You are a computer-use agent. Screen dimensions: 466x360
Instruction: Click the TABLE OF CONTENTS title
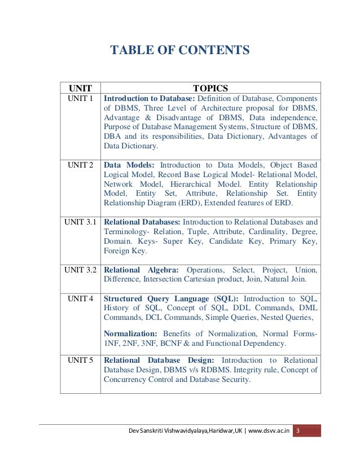click(x=179, y=51)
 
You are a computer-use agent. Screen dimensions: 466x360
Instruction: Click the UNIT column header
click(x=80, y=88)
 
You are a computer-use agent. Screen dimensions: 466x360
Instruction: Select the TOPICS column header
click(x=210, y=88)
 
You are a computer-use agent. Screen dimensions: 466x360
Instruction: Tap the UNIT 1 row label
click(x=80, y=98)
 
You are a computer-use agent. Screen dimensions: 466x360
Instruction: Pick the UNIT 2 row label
click(x=80, y=165)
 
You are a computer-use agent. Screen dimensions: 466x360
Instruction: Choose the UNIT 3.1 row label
click(x=80, y=222)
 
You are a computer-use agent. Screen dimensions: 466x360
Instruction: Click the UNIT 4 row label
click(x=80, y=298)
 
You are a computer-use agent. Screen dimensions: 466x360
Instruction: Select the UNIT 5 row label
click(x=80, y=360)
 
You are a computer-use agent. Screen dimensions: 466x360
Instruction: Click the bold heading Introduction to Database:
click(x=149, y=98)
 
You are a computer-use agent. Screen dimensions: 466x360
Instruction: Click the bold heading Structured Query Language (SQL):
click(x=171, y=298)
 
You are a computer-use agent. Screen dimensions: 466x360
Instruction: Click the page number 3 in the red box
click(x=298, y=431)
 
